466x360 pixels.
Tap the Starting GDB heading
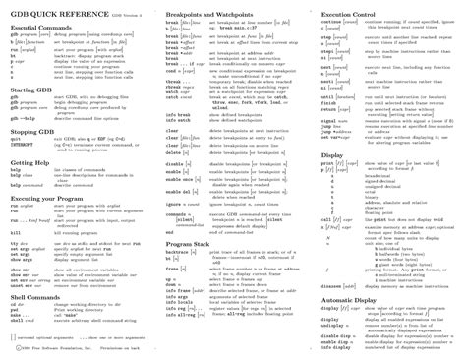coord(31,89)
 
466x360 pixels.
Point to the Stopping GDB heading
coord(32,130)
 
